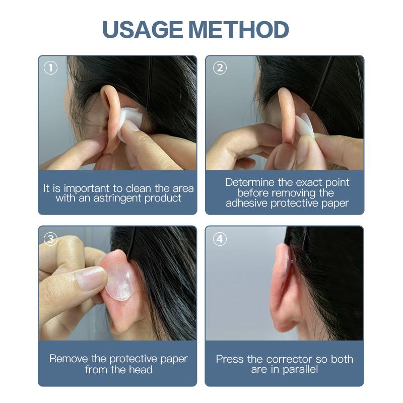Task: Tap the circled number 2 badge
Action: coord(219,68)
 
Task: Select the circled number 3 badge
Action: coord(51,239)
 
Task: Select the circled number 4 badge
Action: coord(219,239)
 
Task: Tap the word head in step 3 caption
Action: coord(142,370)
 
